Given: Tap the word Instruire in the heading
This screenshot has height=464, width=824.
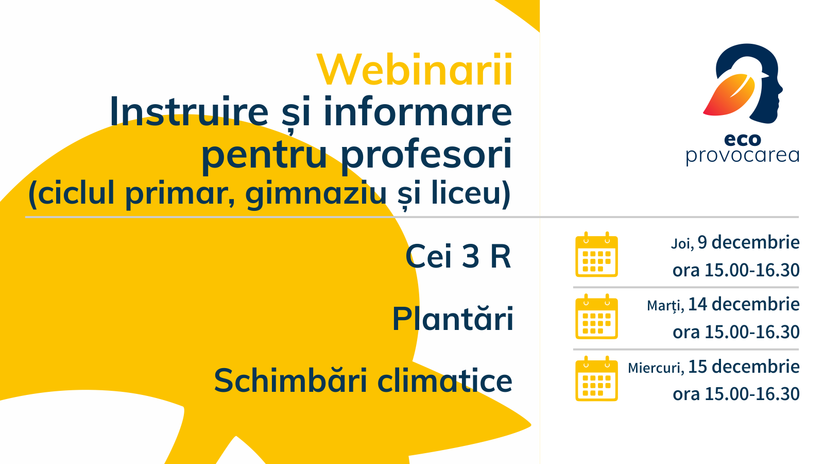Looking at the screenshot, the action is point(188,111).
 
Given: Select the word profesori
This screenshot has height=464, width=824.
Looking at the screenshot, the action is point(427,155).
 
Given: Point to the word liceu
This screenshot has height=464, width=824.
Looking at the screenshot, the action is point(463,192).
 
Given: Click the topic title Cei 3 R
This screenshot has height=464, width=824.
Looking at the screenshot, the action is point(458,256).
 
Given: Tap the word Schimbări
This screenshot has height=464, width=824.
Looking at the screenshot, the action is point(290,380).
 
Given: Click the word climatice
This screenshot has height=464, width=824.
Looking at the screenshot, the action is point(445,380).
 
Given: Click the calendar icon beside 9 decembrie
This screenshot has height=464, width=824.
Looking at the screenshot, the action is point(596,255).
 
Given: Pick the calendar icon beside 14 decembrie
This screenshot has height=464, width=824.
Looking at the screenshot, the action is point(596,317).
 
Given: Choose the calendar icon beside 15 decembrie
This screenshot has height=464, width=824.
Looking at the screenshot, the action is point(596,378).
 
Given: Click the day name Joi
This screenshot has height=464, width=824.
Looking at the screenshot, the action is point(682,244).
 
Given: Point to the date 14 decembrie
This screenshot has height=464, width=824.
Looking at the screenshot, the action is point(744,305).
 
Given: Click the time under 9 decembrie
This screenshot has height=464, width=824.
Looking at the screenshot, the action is point(736,270).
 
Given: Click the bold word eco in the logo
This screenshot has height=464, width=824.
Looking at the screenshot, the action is point(742,140).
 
